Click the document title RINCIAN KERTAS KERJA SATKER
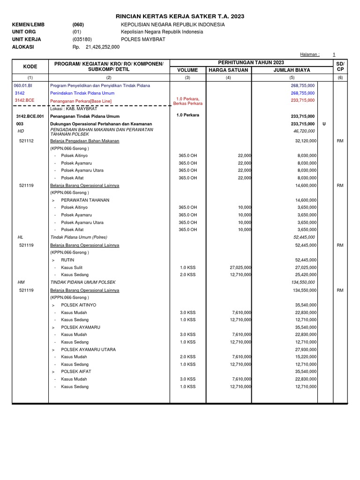click(x=180, y=16)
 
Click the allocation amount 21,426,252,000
click(x=103, y=47)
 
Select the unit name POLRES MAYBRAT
click(x=141, y=39)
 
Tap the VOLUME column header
click(x=187, y=70)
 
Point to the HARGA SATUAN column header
click(x=229, y=70)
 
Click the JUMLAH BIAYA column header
click(x=285, y=70)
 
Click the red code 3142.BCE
click(x=25, y=100)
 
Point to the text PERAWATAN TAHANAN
click(x=85, y=200)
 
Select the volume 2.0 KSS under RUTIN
click(x=187, y=275)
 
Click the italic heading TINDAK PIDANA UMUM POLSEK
click(x=82, y=282)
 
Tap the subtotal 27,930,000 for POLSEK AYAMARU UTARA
click(x=306, y=350)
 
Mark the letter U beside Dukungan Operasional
click(x=324, y=124)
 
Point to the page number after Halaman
click(x=334, y=54)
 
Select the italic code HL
click(x=20, y=237)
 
